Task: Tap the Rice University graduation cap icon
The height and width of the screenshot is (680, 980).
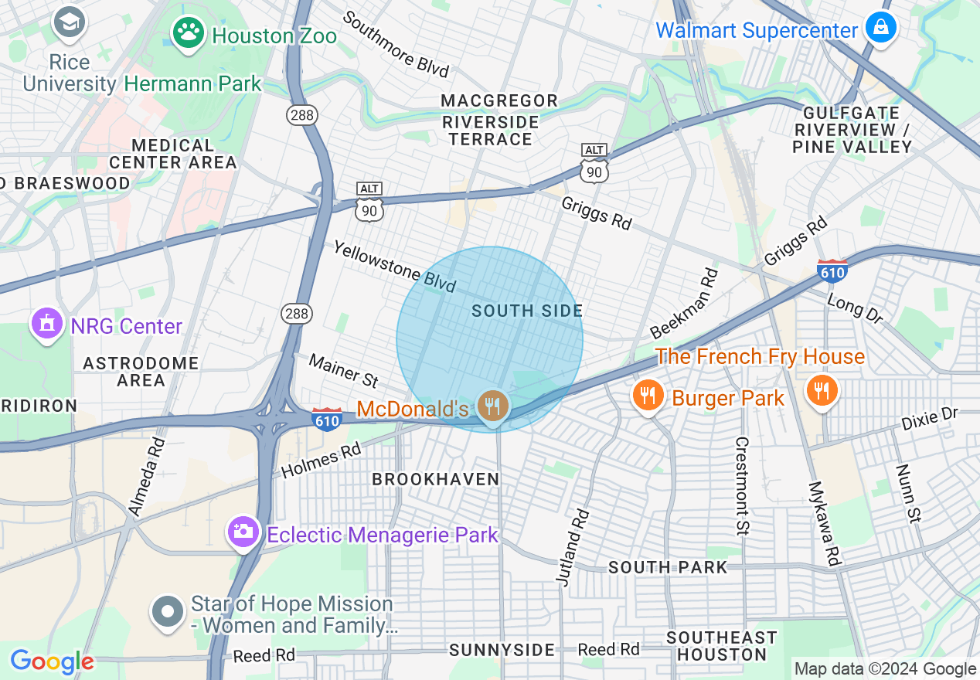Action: coord(70,22)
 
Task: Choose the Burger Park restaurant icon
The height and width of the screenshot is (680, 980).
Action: coord(648,396)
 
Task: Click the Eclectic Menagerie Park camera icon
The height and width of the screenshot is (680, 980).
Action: coord(243,532)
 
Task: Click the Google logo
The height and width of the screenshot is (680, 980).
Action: coord(52,661)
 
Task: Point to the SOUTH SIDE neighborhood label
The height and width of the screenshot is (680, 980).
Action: coord(527,311)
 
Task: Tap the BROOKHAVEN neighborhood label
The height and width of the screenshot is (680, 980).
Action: coord(436,479)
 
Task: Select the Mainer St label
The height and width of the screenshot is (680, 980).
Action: coord(344,370)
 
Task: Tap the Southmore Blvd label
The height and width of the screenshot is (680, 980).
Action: coord(396,44)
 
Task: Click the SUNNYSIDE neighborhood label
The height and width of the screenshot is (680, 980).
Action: coord(502,650)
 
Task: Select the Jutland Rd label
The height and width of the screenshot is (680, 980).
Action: coord(572,546)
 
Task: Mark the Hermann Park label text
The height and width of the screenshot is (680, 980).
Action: coord(192,83)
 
